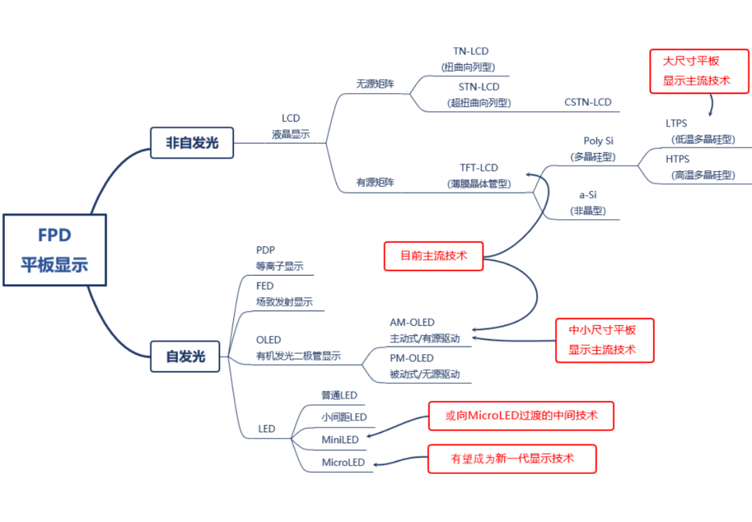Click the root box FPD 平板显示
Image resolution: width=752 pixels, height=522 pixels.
coord(54,250)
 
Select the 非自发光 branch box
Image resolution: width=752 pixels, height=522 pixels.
coord(191,143)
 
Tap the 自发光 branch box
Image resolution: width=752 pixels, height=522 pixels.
coord(185,356)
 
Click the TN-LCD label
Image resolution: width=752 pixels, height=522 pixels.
coord(471,52)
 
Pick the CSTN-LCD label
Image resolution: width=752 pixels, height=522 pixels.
coord(588,102)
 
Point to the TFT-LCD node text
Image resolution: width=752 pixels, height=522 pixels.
coord(478,168)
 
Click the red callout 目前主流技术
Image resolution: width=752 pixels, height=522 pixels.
coord(433,255)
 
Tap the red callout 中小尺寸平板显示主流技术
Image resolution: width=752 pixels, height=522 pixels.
coord(604,340)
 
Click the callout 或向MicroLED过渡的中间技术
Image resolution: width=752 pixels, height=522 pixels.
coord(521,416)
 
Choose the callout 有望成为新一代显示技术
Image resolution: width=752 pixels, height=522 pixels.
coord(512,459)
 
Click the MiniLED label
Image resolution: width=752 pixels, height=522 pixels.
coord(340,440)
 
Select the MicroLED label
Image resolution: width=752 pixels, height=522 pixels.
coord(343,463)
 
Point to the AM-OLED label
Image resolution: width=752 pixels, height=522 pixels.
coord(412,322)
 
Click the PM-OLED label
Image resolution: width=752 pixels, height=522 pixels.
coord(412,358)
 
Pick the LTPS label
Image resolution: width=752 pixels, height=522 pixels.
coord(676,124)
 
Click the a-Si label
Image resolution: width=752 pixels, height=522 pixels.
coord(588,196)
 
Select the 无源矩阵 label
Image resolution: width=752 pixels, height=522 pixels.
coord(375,84)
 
